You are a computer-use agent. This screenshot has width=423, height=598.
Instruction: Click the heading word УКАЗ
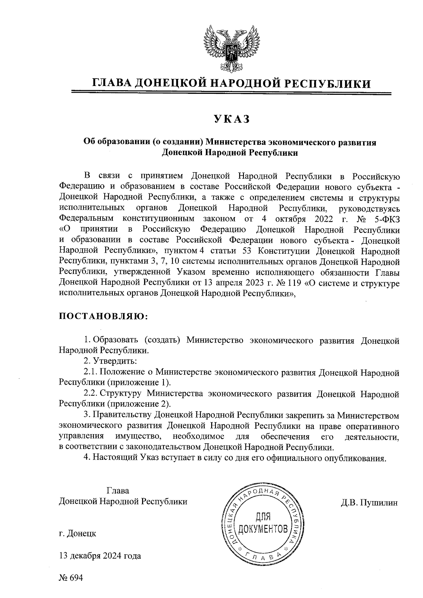coord(232,119)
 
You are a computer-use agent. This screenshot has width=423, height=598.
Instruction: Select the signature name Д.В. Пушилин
coord(369,502)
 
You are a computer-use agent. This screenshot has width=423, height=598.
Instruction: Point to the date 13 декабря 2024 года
coord(100,556)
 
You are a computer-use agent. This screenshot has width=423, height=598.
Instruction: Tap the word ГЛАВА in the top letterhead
coord(112,83)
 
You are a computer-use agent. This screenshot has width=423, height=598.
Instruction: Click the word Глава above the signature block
coord(118,491)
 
